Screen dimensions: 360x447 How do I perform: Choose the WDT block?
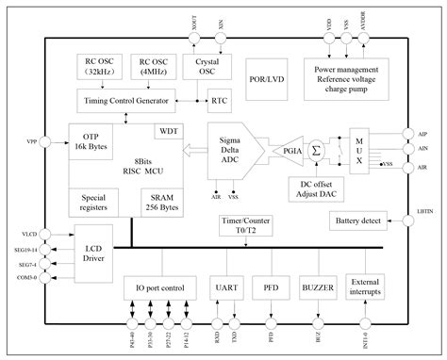click(x=169, y=129)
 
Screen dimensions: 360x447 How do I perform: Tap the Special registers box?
click(x=92, y=201)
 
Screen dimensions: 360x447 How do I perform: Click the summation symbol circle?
click(x=317, y=149)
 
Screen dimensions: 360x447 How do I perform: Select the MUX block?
click(x=359, y=149)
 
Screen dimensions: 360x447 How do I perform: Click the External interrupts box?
click(x=368, y=287)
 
